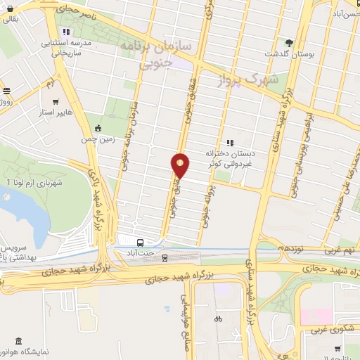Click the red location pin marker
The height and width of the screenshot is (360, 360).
pos(181,165)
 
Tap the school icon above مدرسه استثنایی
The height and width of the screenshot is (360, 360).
pos(65,32)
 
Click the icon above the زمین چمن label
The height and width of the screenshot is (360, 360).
pos(98,128)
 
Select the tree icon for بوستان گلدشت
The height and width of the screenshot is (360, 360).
pos(288,41)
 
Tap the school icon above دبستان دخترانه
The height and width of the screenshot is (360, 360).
pos(229,142)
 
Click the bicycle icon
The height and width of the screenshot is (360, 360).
pos(218,319)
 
